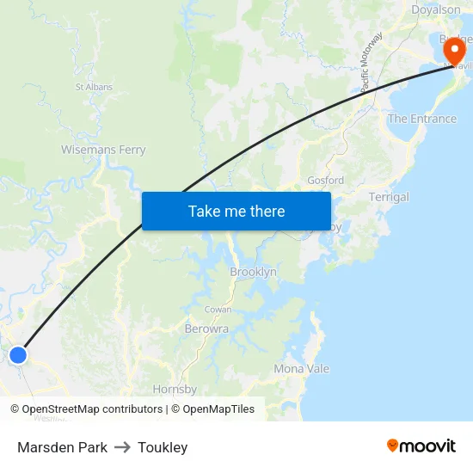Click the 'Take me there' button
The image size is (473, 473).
coord(236,212)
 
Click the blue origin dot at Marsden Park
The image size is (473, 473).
coord(18,354)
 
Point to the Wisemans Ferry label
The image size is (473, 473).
coord(103,150)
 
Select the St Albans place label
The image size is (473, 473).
coord(94,87)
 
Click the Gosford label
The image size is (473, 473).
coord(325,181)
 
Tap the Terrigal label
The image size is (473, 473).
coord(389,197)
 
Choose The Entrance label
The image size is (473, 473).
coord(421,119)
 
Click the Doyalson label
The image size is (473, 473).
coord(435,9)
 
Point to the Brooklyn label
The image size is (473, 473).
coord(253,272)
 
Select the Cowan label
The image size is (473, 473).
coord(218,309)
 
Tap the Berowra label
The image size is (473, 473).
coord(206,329)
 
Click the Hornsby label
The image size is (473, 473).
coord(175,390)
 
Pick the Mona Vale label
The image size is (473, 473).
coord(301,369)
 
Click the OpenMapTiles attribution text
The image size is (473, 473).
coord(216,409)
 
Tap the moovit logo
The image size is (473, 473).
coord(421,446)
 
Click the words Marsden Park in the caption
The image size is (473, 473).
coord(62,447)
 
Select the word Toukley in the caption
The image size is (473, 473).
coord(163,447)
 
